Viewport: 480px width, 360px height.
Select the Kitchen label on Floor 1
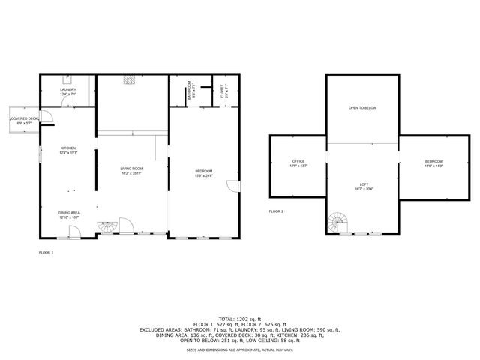[68, 150]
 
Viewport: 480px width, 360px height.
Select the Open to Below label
[362, 108]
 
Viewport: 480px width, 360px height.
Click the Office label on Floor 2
[298, 163]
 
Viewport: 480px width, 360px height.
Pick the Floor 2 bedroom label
[433, 163]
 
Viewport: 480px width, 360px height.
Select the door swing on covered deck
[44, 117]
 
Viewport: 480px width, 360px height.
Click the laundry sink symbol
[68, 79]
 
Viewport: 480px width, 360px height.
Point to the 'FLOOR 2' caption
[277, 212]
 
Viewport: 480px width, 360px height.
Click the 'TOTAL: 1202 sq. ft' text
[239, 318]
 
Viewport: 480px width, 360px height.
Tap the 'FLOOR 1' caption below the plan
[46, 253]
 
